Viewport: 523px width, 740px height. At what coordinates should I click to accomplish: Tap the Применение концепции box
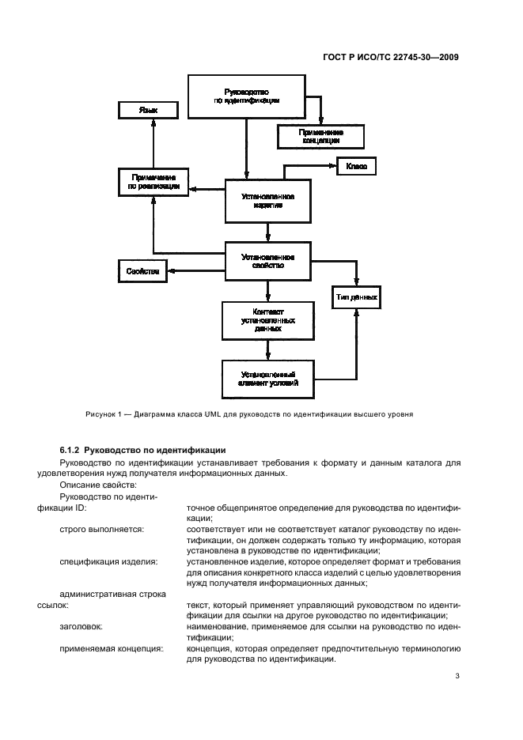320,136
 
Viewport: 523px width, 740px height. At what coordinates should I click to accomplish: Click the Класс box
355,167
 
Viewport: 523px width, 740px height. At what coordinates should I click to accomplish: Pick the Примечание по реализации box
147,183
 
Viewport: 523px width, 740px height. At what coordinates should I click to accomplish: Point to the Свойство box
142,271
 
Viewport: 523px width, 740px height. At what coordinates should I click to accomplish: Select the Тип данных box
355,297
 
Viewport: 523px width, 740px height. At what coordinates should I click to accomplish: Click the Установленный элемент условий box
268,378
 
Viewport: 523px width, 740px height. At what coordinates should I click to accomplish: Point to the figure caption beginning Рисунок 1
250,413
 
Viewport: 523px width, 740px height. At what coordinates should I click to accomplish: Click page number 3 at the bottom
457,676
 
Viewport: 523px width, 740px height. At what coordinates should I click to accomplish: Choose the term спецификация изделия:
108,561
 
